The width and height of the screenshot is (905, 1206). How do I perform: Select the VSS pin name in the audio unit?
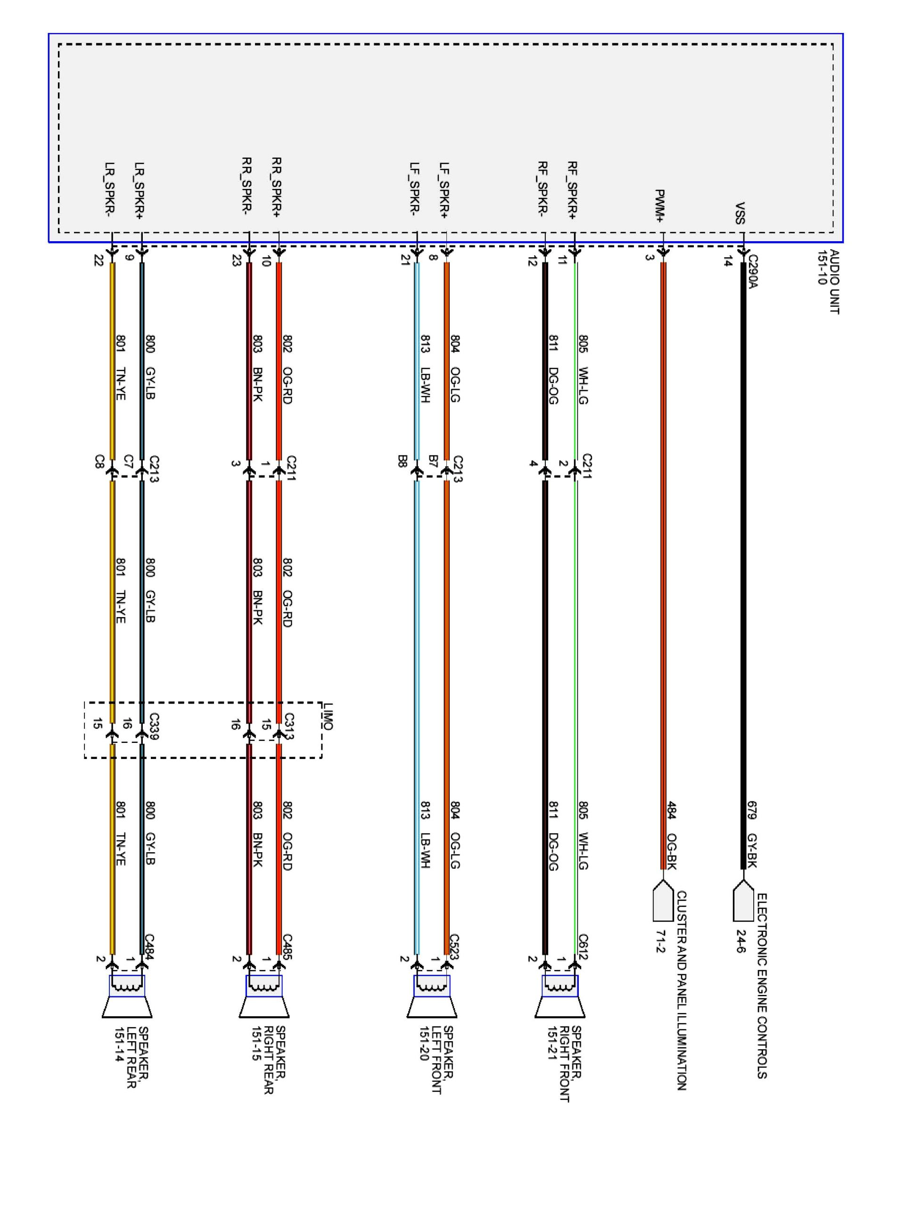pyautogui.click(x=740, y=213)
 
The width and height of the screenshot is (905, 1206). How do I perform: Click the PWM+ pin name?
pyautogui.click(x=659, y=205)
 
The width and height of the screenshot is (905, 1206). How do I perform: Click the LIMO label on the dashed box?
pyautogui.click(x=327, y=716)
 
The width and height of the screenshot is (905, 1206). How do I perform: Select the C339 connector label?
pyautogui.click(x=154, y=726)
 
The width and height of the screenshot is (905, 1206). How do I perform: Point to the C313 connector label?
pyautogui.click(x=289, y=726)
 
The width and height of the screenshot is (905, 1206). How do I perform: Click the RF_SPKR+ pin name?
pyautogui.click(x=571, y=190)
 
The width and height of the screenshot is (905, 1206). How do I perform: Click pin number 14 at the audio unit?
pyautogui.click(x=727, y=261)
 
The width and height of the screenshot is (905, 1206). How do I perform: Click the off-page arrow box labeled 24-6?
pyautogui.click(x=742, y=904)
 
